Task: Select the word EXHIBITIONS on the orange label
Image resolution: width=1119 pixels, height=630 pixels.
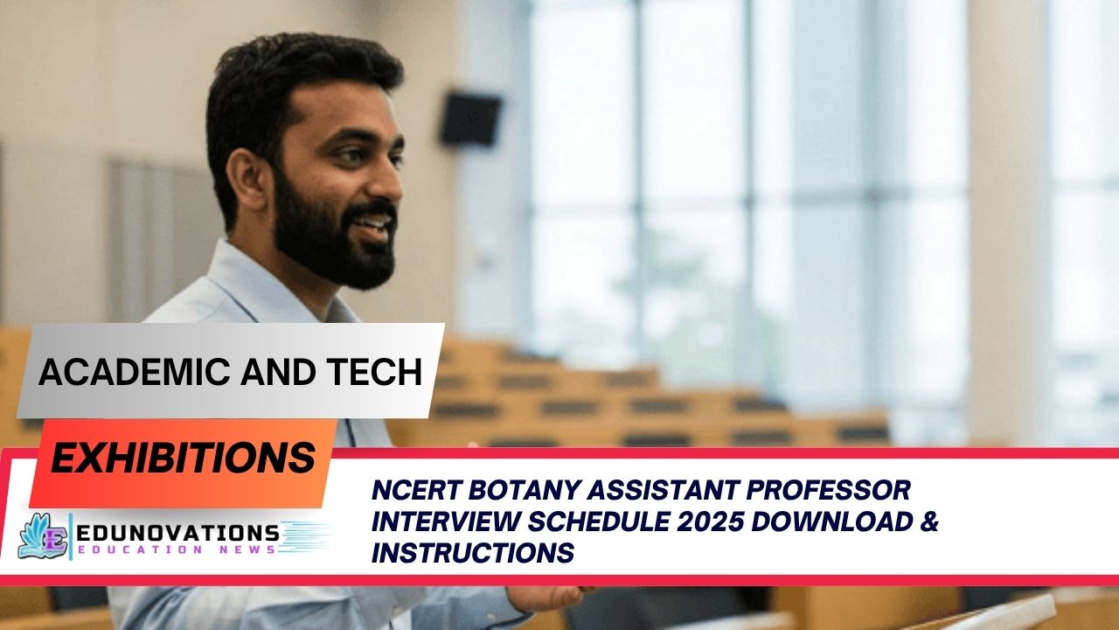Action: (183, 458)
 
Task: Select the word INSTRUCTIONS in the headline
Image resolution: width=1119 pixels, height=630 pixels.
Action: (473, 553)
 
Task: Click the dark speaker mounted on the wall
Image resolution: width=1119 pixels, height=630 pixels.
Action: (469, 119)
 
